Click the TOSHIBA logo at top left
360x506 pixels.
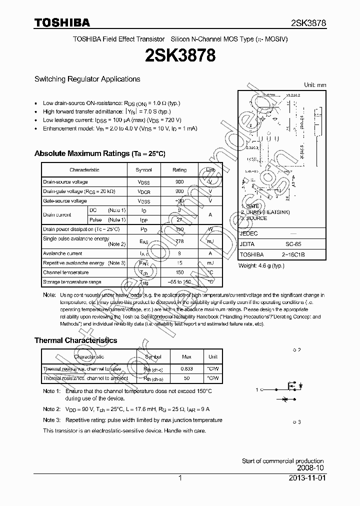pyautogui.click(x=62, y=23)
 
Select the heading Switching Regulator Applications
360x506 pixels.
pyautogui.click(x=87, y=79)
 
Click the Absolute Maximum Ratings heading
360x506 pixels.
pyautogui.click(x=99, y=153)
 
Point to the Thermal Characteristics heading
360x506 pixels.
pyautogui.click(x=75, y=340)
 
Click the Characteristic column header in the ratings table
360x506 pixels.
pyautogui.click(x=84, y=170)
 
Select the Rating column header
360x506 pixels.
pyautogui.click(x=179, y=170)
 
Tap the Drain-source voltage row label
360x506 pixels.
pyautogui.click(x=65, y=182)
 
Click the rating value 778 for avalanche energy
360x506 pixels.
pyautogui.click(x=179, y=241)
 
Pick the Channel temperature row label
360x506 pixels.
pyautogui.click(x=65, y=272)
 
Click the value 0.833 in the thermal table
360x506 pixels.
pyautogui.click(x=186, y=369)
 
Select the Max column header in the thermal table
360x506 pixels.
pyautogui.click(x=186, y=357)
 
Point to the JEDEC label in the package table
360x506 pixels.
pyautogui.click(x=249, y=233)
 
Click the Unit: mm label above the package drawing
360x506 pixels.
pyautogui.click(x=315, y=85)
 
